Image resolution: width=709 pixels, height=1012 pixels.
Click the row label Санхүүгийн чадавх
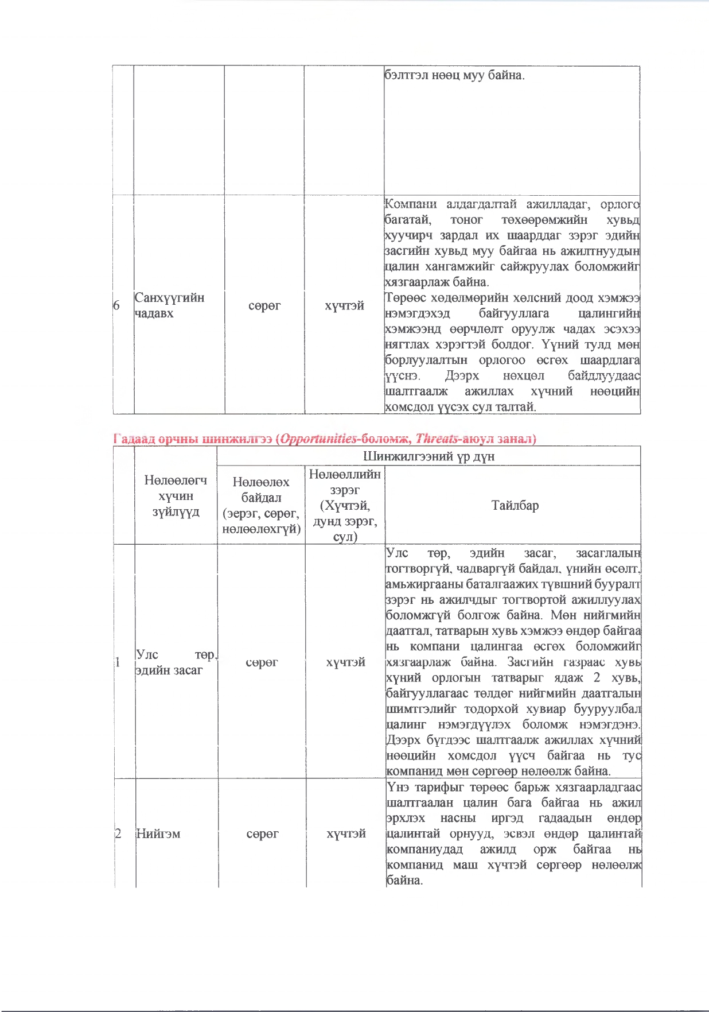click(x=169, y=305)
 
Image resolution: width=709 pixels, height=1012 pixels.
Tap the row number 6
click(x=116, y=305)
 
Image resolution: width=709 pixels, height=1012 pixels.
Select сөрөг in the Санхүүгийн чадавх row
click(x=264, y=306)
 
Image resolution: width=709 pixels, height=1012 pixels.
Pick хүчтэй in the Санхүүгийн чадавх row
click(x=344, y=306)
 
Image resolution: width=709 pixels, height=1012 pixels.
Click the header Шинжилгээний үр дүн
click(x=428, y=456)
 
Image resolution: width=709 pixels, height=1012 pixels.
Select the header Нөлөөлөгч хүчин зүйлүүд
click(x=176, y=496)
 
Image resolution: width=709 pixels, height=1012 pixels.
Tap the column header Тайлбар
click(x=515, y=505)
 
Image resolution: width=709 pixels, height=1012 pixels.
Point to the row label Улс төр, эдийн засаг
click(x=175, y=662)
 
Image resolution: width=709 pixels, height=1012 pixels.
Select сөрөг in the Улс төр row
click(x=262, y=662)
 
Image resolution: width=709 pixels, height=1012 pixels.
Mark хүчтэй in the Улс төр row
click(x=346, y=662)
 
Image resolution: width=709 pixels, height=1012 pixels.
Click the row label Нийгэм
click(x=158, y=833)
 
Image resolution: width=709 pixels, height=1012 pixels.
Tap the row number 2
click(x=118, y=833)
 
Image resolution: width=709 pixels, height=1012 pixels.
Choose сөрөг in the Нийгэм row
click(x=263, y=833)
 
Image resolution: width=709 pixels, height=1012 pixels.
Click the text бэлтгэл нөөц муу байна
click(x=454, y=75)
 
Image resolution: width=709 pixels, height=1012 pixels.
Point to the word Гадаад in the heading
click(x=134, y=439)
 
